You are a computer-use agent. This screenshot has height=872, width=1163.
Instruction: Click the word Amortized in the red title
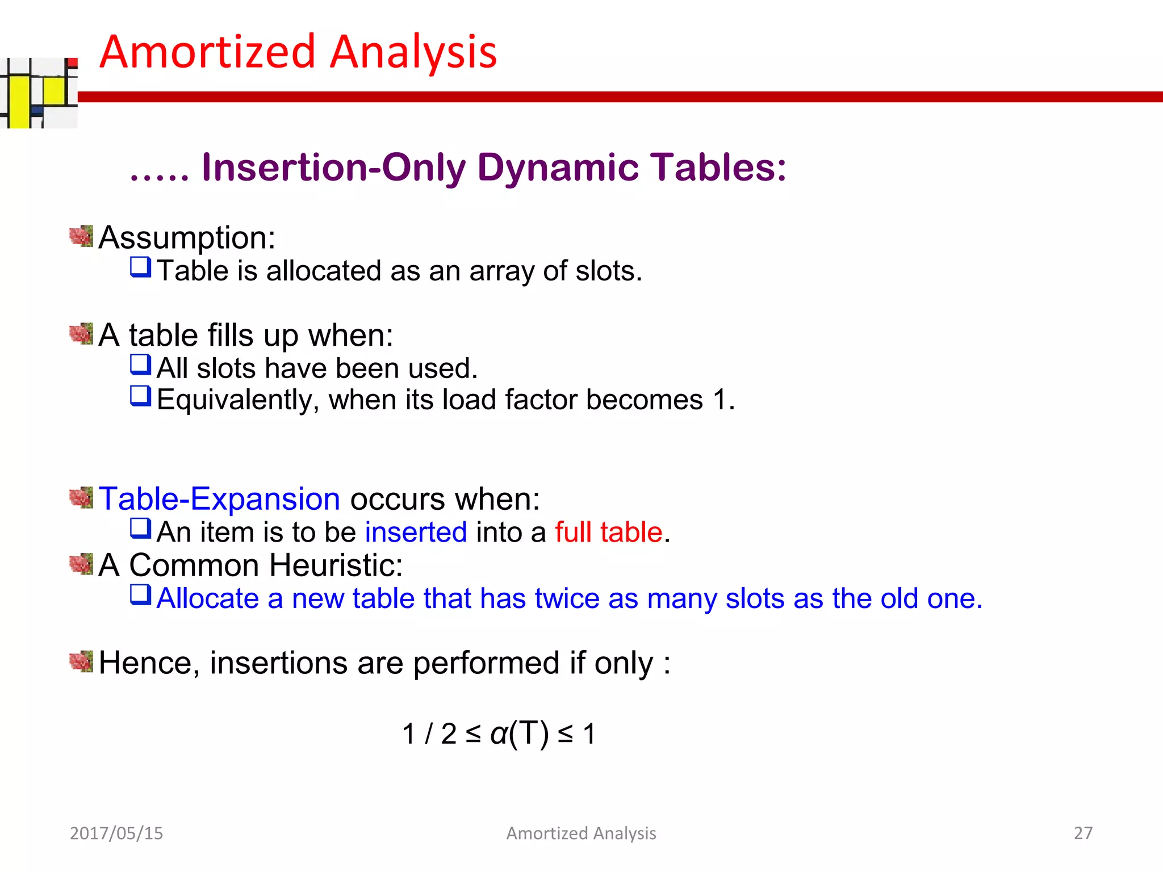click(207, 52)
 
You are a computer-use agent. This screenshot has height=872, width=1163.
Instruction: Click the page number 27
click(1083, 833)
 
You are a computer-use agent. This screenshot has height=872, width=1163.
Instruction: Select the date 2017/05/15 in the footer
click(116, 833)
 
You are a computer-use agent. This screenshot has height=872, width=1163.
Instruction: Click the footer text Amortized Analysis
click(581, 833)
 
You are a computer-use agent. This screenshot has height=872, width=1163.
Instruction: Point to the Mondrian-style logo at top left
click(39, 93)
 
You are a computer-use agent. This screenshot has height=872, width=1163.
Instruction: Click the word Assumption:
click(187, 237)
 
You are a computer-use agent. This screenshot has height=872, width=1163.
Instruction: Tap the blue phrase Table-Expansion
click(219, 499)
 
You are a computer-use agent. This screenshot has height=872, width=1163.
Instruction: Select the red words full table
click(609, 533)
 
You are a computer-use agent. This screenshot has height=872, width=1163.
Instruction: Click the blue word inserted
click(416, 533)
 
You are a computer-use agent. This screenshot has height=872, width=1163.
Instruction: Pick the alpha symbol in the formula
click(499, 733)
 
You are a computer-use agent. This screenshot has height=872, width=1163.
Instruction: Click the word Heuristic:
click(336, 565)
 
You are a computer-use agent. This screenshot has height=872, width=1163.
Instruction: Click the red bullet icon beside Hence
click(81, 661)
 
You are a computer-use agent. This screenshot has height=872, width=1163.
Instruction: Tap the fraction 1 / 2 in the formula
click(429, 733)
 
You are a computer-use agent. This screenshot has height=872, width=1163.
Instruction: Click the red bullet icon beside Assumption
click(81, 236)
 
